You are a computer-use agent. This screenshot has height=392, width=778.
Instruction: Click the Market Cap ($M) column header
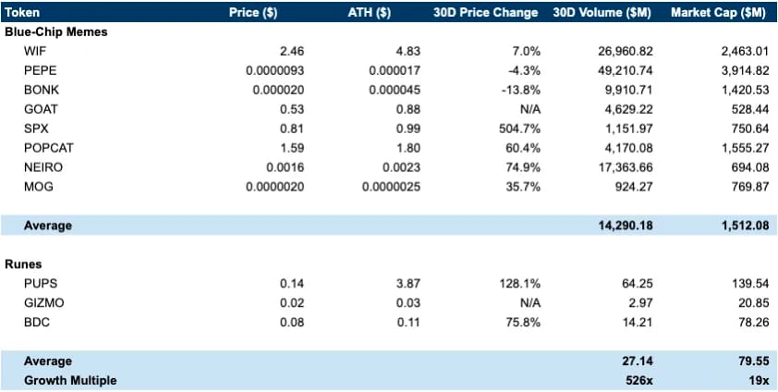[718, 13]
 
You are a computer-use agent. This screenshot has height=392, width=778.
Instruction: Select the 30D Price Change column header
[485, 13]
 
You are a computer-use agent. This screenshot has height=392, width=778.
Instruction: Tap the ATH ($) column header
[370, 13]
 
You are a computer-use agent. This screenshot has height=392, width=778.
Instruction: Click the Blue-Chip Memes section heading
[56, 31]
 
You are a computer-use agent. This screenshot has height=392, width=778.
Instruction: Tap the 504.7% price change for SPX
[519, 129]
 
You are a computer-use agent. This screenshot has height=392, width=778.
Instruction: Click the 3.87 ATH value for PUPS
[409, 283]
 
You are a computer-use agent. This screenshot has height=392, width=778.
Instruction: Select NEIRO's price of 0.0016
[285, 167]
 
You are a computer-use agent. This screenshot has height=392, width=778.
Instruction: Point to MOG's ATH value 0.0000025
[391, 187]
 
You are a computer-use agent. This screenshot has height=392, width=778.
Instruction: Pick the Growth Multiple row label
[70, 381]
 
